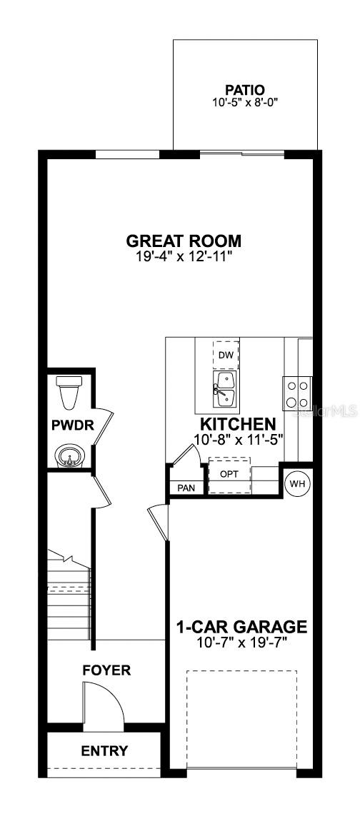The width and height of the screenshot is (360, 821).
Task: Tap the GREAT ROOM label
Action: (184, 241)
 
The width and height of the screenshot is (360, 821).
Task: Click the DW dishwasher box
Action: (226, 355)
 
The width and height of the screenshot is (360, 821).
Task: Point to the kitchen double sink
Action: (224, 389)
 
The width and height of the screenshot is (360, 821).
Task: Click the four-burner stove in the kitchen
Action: (297, 394)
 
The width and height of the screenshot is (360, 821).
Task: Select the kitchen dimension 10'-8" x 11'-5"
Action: (239, 439)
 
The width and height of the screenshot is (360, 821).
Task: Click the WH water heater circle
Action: (298, 483)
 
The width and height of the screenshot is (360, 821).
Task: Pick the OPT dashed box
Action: (229, 475)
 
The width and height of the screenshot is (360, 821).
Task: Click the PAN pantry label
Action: (186, 488)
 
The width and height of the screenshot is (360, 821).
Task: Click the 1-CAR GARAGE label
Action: (241, 626)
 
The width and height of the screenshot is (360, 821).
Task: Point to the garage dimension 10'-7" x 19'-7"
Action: (241, 641)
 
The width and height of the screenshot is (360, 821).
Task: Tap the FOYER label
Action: (106, 670)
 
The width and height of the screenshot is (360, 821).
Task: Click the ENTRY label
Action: (104, 751)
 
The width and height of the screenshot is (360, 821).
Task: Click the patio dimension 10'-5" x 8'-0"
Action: (245, 103)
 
